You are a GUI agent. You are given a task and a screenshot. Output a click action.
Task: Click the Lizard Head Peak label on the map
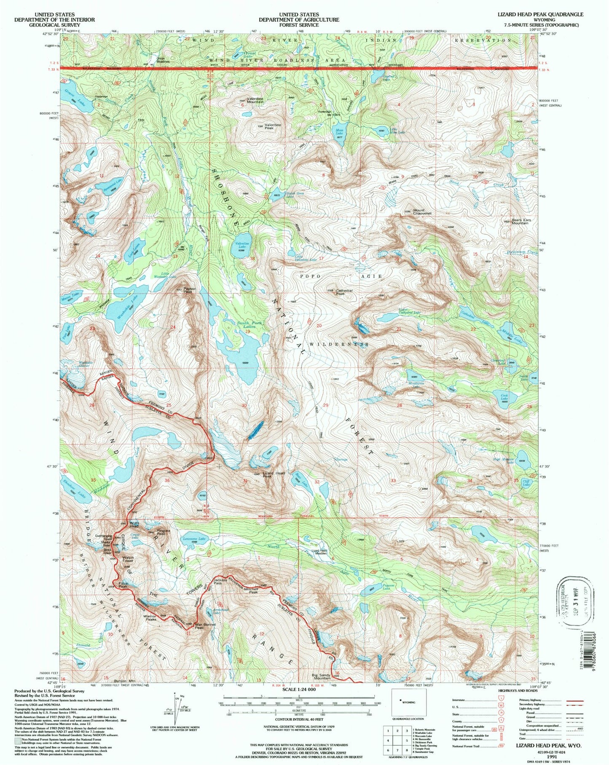pos(274,475)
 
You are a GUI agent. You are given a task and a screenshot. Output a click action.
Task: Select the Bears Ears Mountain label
pos(520,221)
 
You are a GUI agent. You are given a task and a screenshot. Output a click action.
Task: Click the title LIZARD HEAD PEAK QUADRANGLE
pos(541,14)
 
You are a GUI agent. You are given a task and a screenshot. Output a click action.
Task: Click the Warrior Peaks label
pos(151,618)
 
